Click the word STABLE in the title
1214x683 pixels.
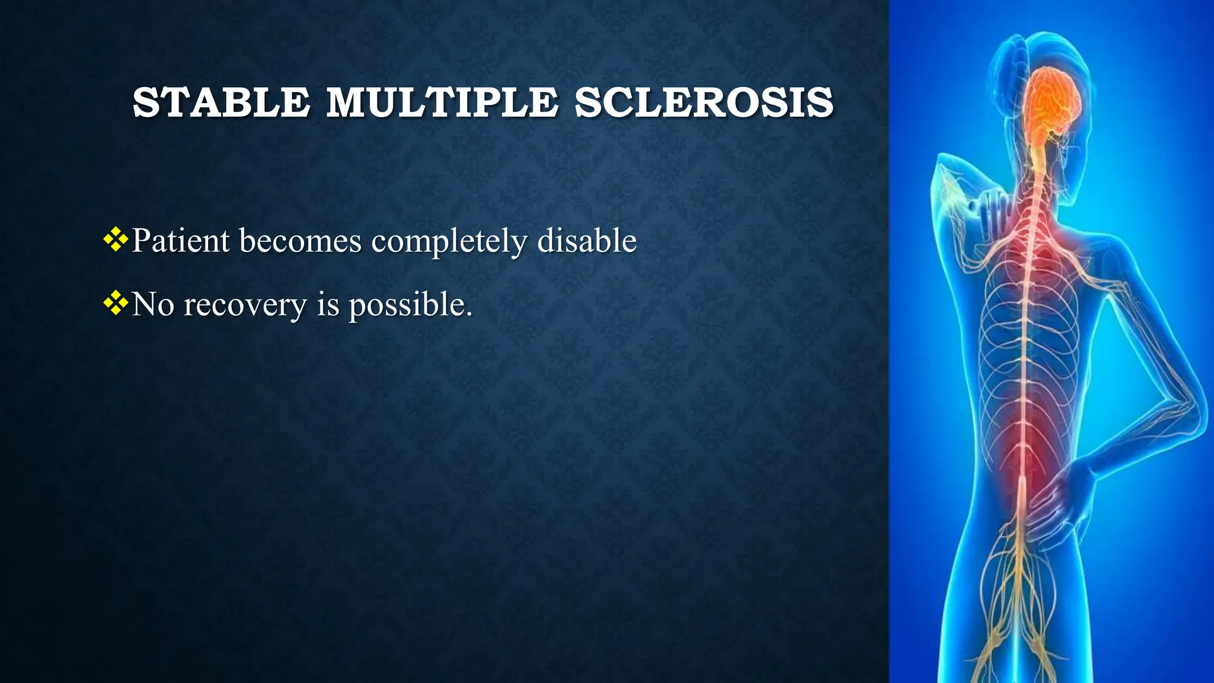coord(221,102)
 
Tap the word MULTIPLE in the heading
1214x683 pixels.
coord(442,102)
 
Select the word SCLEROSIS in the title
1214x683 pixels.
coord(704,102)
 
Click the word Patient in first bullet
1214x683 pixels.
coord(180,241)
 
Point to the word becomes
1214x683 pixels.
coord(301,241)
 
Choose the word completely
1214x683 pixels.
coord(449,242)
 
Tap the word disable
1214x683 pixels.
coord(587,241)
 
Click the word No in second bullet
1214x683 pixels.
coord(153,305)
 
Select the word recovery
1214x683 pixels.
coord(245,306)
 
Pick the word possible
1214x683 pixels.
coord(410,306)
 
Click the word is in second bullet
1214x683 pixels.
coord(327,305)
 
